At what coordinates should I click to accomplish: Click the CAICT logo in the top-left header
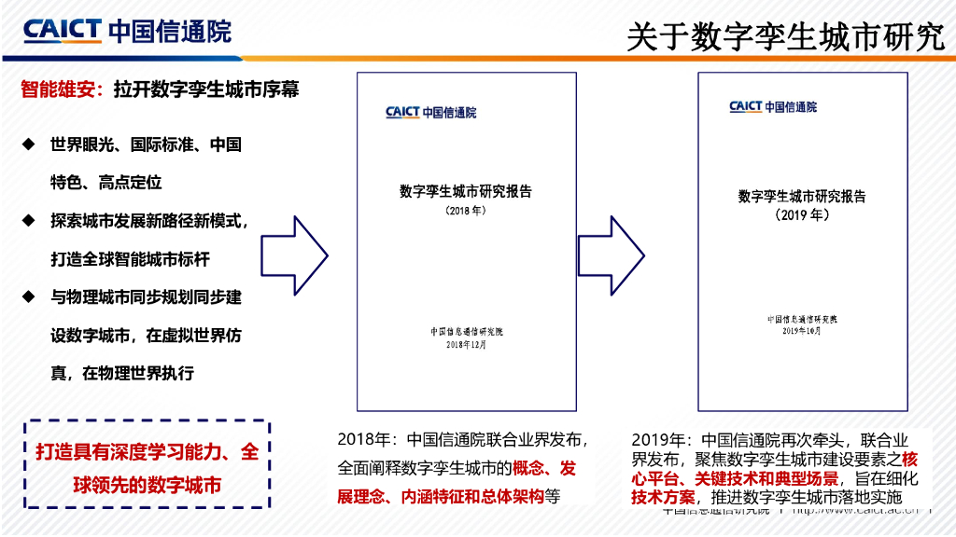pos(127,30)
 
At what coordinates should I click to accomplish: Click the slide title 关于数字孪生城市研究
pos(785,36)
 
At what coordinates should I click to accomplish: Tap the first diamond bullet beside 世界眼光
pos(30,144)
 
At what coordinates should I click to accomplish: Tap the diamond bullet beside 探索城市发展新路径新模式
pos(30,220)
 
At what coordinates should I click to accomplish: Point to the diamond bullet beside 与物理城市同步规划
pos(30,296)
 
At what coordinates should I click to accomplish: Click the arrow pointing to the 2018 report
pos(293,255)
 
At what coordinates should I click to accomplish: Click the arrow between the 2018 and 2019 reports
pos(612,255)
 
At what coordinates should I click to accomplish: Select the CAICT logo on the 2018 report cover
pos(430,113)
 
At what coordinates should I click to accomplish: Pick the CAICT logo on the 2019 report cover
pos(773,107)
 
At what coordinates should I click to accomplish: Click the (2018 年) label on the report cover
pos(466,211)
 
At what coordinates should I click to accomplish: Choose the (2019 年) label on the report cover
pos(802,215)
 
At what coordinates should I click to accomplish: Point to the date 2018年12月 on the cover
pos(466,344)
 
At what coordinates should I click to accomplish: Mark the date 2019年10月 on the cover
pos(802,331)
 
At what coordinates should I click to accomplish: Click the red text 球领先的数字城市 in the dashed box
pos(148,485)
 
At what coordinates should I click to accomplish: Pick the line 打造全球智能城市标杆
pos(136,259)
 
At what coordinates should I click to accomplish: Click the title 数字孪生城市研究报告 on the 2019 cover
pos(802,197)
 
